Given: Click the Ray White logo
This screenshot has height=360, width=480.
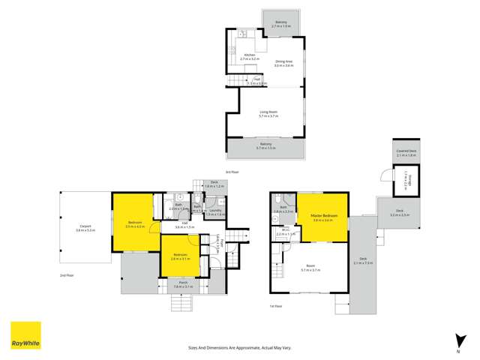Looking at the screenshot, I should pyautogui.click(x=25, y=335).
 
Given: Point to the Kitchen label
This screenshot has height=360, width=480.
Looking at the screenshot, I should pyautogui.click(x=250, y=55).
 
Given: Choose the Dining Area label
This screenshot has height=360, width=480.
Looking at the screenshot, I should pyautogui.click(x=283, y=62).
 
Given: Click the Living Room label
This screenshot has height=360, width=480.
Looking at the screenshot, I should pyautogui.click(x=268, y=112).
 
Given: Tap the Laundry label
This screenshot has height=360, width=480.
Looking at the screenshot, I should pyautogui.click(x=214, y=210).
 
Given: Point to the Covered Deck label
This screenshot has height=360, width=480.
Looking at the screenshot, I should pyautogui.click(x=406, y=151).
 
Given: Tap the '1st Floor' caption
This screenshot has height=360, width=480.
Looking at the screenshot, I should pyautogui.click(x=277, y=306).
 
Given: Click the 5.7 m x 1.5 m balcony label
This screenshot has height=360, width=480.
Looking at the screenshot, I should pyautogui.click(x=266, y=148).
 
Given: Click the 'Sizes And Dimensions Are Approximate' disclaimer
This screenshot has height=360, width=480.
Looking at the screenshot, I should pyautogui.click(x=239, y=347).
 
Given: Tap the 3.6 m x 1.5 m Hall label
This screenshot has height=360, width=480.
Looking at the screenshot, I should pyautogui.click(x=184, y=226).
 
